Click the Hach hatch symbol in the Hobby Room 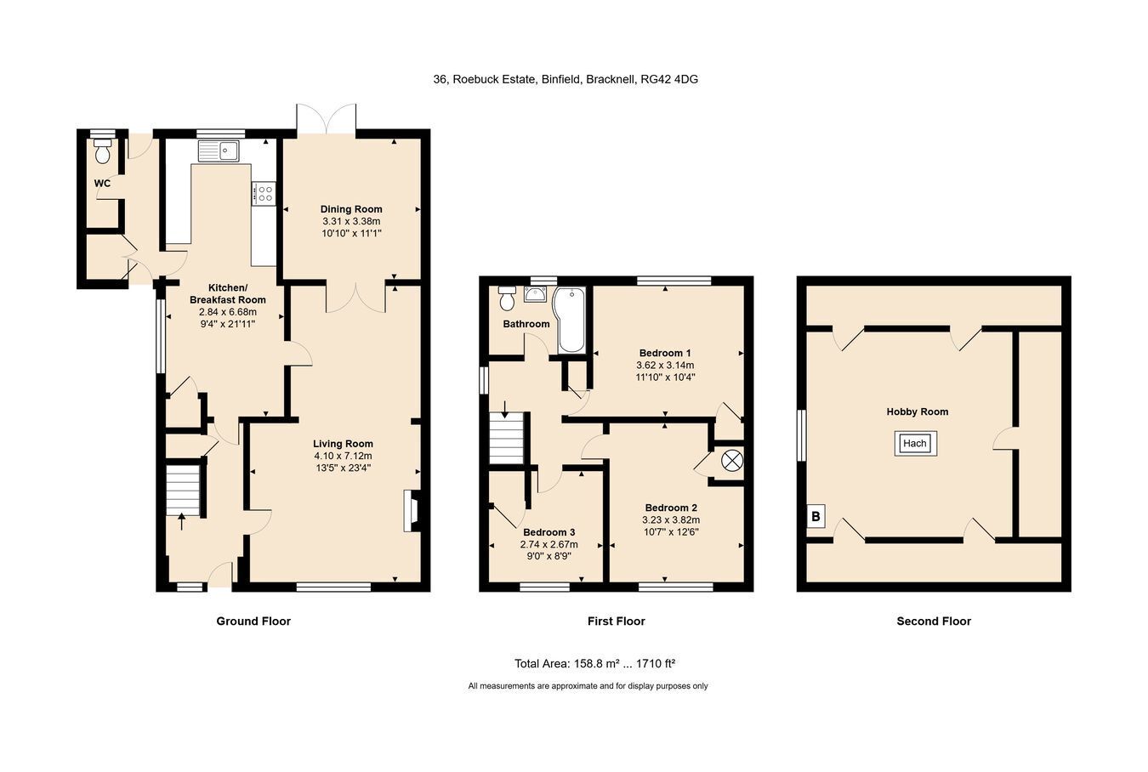(x=915, y=443)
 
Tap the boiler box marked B (x=816, y=516)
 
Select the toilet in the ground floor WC (x=103, y=150)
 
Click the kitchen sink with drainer (x=219, y=150)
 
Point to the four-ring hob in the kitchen (x=264, y=194)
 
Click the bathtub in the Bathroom (x=570, y=320)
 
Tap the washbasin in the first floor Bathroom (x=536, y=294)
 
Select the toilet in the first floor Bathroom (x=507, y=298)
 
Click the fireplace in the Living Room (x=412, y=511)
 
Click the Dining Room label (x=351, y=209)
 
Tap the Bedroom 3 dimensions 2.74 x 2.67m (x=548, y=544)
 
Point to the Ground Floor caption (x=253, y=621)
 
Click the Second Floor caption (x=934, y=621)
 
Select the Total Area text (x=594, y=663)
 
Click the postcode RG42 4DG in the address (x=669, y=79)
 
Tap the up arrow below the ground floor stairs (x=181, y=523)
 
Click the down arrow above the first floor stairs (x=505, y=409)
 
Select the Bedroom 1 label (x=665, y=353)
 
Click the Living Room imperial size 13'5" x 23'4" (x=344, y=468)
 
